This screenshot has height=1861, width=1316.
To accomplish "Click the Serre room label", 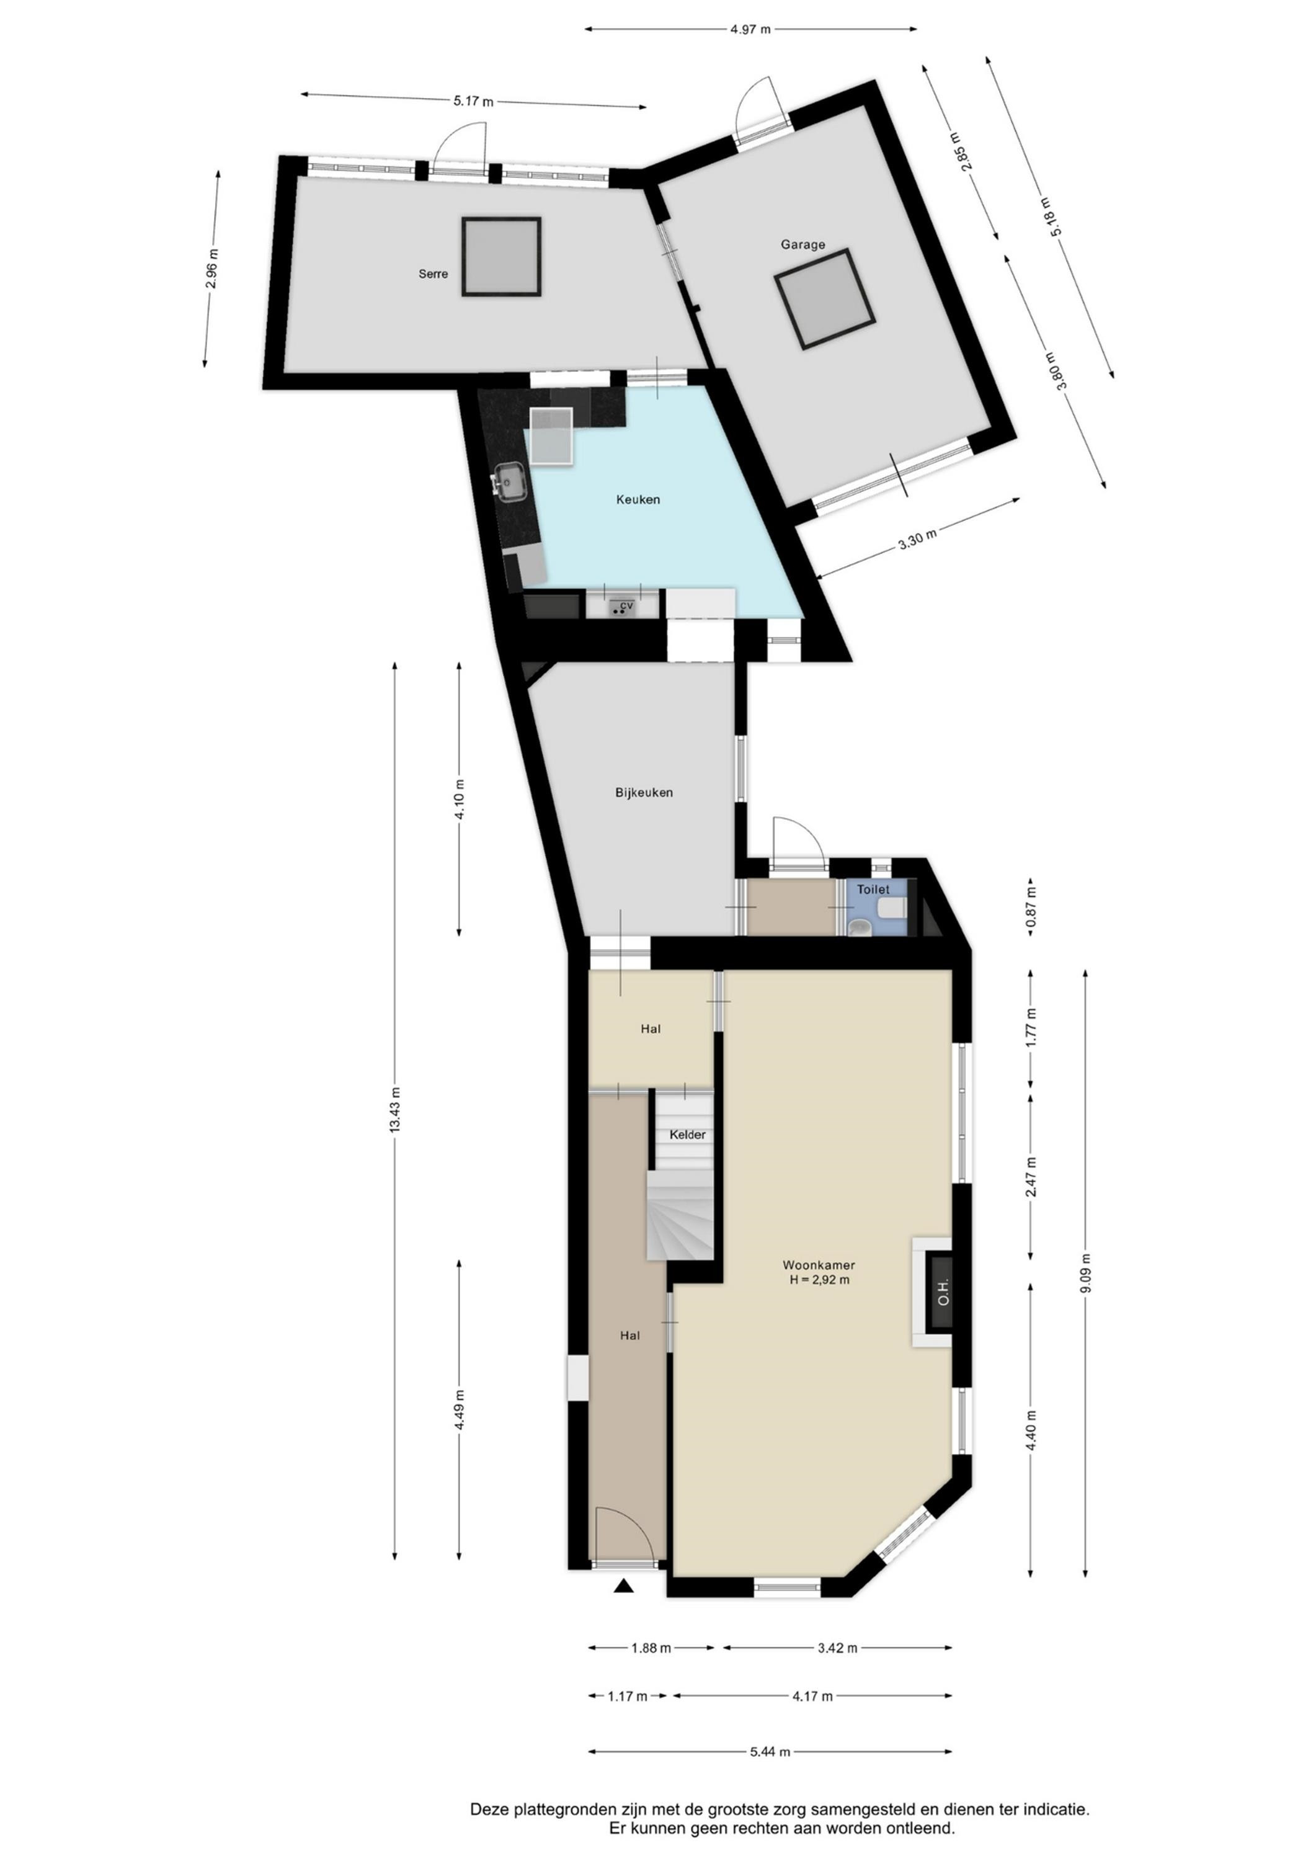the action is pos(433,274).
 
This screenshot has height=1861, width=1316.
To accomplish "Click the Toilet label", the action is pos(873,889).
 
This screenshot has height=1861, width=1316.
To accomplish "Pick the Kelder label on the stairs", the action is pos(687,1135).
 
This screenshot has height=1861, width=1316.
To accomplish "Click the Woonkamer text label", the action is pos(819,1264).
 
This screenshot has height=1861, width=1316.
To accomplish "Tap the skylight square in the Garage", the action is pos(824,299).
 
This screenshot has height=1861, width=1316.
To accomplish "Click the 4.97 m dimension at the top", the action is pos(750,30).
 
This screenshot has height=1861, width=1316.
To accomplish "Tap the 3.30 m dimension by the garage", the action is pos(917,539).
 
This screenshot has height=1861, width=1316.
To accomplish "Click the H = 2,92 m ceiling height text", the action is pos(819,1280).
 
